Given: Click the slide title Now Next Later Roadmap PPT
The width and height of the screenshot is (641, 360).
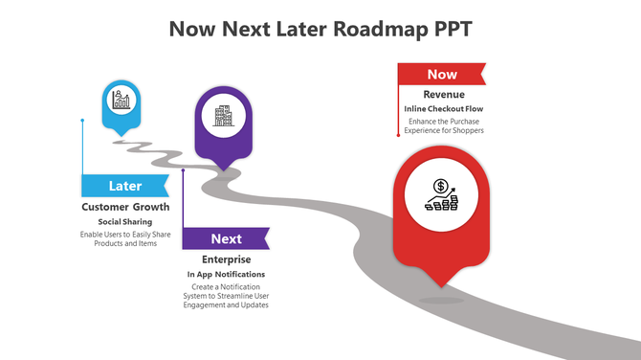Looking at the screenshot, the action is tap(320, 29).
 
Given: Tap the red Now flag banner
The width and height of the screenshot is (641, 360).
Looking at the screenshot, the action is tap(441, 74).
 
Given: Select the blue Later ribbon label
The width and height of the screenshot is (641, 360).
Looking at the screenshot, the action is tap(125, 186).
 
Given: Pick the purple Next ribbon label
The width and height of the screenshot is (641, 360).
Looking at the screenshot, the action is tap(226, 238).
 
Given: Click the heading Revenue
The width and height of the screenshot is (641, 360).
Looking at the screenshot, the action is tap(443, 95).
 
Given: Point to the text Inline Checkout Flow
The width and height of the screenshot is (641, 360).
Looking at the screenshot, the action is tap(443, 109).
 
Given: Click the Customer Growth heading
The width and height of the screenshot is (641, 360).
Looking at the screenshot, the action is tap(125, 207).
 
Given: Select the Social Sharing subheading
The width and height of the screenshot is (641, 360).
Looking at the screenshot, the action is tap(125, 222).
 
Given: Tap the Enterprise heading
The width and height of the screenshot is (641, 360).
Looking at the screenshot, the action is tap(227, 259).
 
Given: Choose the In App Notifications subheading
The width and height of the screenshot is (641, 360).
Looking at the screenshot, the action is tap(227, 275).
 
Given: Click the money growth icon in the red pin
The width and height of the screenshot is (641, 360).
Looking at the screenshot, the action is tap(442, 195).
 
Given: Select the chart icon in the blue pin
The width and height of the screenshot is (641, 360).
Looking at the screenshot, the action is tap(122, 100).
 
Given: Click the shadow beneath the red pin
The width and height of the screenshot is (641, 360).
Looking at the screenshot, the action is tap(441, 301).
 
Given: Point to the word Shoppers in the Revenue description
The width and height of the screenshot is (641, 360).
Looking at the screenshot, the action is tap(465, 130).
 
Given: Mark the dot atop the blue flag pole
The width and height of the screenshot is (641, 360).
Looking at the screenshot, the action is tap(82, 121).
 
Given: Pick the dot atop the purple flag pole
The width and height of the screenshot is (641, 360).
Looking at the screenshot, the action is tap(183, 172).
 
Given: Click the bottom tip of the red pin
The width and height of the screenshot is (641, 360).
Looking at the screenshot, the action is tap(441, 285).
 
